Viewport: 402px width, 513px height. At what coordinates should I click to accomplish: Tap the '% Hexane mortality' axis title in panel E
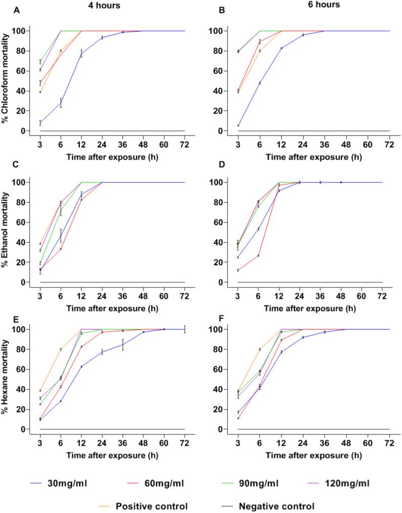click(x=7, y=380)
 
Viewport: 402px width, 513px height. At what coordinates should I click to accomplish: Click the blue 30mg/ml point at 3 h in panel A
click(x=40, y=122)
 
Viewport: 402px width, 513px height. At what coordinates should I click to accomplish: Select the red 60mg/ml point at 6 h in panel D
click(x=258, y=255)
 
